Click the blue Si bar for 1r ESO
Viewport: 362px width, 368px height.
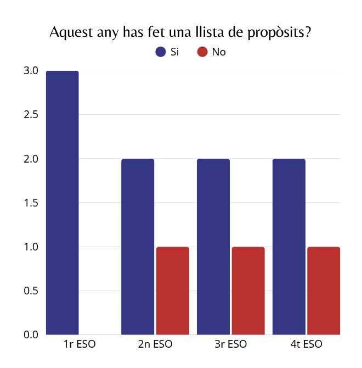(63, 203)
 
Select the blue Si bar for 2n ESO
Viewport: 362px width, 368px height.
(138, 247)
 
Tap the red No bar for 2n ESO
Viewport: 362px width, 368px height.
(173, 291)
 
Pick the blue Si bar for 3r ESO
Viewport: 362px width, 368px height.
(213, 247)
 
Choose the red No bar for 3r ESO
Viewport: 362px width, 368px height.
(248, 291)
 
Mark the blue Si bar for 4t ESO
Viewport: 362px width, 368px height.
(289, 247)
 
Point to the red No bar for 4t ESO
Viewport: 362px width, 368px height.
(324, 291)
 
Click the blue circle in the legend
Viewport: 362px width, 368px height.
(161, 52)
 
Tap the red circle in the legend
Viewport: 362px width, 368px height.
(202, 52)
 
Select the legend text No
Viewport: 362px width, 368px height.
(219, 52)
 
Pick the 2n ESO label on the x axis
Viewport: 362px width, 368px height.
(156, 345)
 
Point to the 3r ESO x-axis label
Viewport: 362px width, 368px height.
(231, 345)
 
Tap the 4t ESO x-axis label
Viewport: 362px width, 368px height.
(307, 345)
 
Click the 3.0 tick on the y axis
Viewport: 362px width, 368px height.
(31, 71)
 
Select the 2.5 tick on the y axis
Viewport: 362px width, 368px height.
(31, 115)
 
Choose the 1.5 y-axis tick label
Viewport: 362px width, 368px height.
(31, 203)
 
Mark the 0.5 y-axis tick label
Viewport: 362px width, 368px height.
(31, 291)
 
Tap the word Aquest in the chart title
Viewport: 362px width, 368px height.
(70, 32)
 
